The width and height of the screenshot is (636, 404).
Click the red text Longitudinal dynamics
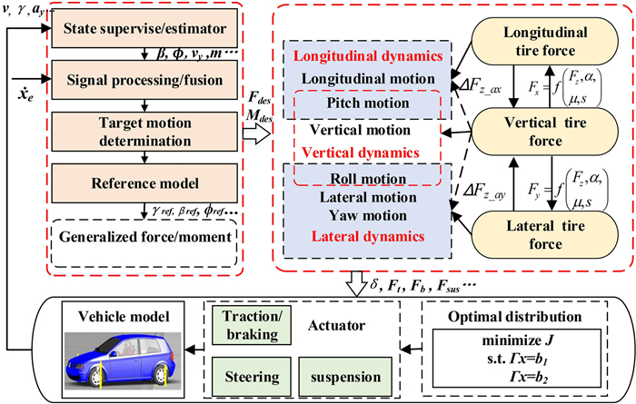click(x=367, y=57)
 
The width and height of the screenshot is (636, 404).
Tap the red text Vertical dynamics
click(x=367, y=151)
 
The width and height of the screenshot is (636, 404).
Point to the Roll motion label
click(x=367, y=177)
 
